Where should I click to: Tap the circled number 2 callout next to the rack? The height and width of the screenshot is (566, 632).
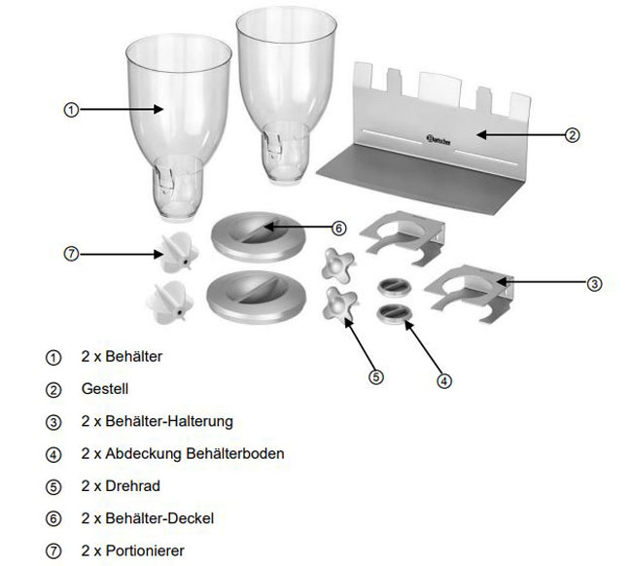point(573,136)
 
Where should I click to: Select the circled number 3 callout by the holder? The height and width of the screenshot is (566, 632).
point(594,284)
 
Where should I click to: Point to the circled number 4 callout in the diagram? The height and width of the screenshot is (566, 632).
point(443,380)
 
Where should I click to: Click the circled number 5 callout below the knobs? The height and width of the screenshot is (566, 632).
point(375,374)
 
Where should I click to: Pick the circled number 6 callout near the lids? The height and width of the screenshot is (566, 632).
point(337,229)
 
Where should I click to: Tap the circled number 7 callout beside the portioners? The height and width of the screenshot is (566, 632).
point(70,254)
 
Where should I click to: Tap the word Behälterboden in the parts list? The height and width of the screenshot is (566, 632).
point(237,453)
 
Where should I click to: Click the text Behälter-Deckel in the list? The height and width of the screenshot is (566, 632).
point(161,517)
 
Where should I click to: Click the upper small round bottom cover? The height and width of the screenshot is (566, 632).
point(394,285)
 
